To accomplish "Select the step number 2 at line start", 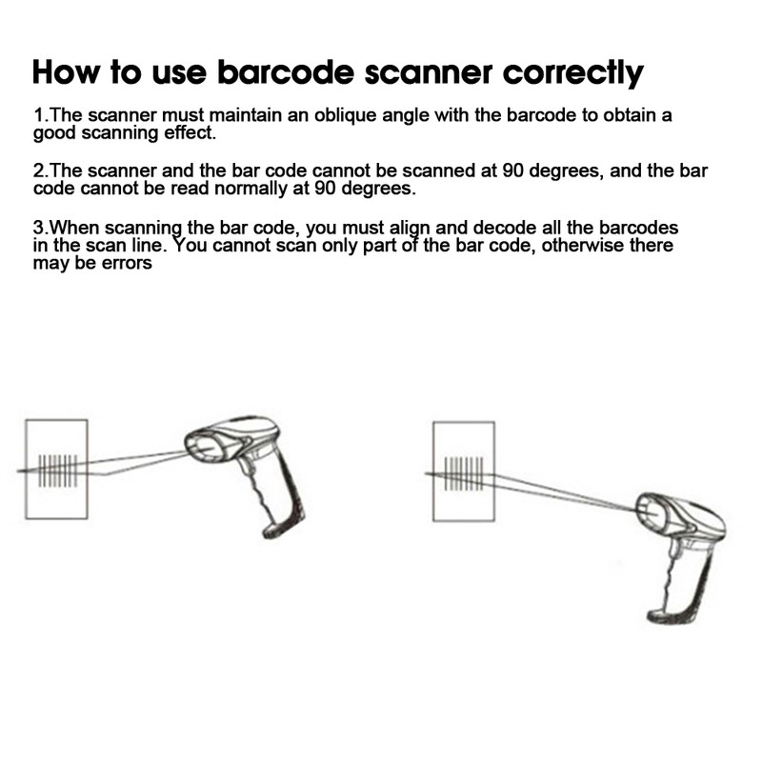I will (x=38, y=171).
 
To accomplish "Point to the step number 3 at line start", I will (x=38, y=229).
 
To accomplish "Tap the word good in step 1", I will (x=53, y=132).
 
